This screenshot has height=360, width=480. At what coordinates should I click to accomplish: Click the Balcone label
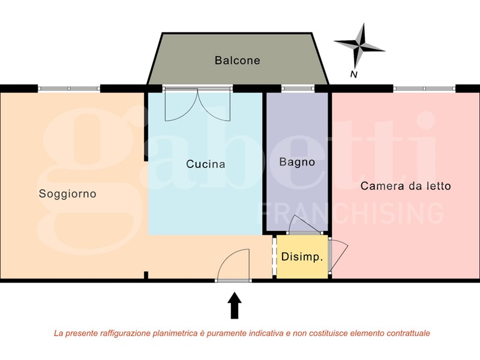(237, 61)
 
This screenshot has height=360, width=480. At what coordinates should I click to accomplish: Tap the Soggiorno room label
(67, 194)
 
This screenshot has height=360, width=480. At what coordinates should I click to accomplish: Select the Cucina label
(205, 164)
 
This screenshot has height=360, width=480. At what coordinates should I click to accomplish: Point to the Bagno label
(297, 162)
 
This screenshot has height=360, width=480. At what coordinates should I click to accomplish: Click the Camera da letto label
(406, 186)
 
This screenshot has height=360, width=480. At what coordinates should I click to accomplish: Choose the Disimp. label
(302, 257)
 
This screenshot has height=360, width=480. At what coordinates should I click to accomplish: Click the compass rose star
(359, 46)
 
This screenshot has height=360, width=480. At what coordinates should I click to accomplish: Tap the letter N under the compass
(354, 74)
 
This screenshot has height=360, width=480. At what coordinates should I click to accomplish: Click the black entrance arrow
(235, 305)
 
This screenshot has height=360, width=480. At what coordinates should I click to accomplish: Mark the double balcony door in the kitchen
(197, 104)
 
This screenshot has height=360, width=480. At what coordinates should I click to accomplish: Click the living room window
(69, 88)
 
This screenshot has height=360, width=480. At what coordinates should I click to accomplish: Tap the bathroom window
(298, 88)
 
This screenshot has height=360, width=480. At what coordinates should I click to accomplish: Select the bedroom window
(424, 88)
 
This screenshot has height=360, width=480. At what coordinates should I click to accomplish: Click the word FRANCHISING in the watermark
(350, 213)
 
